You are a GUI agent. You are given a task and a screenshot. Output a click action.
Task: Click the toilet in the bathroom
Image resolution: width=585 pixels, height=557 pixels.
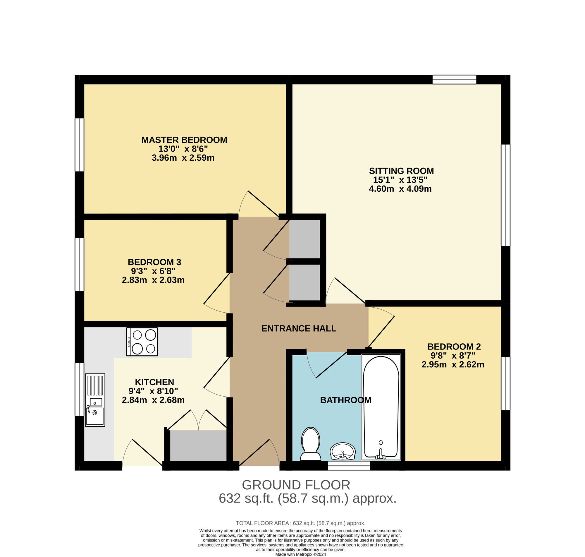point(311,444)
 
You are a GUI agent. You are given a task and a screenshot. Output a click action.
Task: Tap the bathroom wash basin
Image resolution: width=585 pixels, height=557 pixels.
point(343,451)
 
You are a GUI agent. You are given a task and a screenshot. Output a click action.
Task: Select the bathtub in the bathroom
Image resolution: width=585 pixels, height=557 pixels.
point(381,407)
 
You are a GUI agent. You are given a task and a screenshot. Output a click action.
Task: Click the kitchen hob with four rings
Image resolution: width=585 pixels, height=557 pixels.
point(142,342)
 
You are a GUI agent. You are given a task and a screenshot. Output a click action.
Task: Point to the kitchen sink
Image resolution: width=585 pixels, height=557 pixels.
point(95,400)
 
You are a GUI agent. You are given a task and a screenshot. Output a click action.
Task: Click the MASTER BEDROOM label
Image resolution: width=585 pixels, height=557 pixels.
point(184,140)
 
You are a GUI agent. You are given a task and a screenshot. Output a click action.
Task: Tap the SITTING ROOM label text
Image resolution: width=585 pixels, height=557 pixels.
point(401,171)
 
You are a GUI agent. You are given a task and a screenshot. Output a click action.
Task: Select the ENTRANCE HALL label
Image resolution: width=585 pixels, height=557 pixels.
point(299,328)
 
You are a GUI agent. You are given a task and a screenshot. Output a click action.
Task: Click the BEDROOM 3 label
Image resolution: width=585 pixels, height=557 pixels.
point(154,262)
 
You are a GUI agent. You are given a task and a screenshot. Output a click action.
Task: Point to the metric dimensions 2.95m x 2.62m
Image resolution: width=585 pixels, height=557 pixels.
point(453,364)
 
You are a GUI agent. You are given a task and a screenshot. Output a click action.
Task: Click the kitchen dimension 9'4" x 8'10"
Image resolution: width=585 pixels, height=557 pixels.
point(153,391)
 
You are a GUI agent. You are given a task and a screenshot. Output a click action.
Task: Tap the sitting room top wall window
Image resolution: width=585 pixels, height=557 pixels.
point(454,80)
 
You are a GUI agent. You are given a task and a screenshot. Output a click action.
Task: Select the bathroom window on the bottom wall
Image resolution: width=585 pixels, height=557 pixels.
point(349,466)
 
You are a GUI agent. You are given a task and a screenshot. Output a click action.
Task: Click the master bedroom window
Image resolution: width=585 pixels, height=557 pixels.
point(79,145)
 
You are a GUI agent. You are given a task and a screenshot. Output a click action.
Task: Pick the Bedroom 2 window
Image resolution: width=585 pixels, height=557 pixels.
point(506,384)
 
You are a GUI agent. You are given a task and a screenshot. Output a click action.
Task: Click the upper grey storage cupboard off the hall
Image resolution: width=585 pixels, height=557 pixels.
point(305,239)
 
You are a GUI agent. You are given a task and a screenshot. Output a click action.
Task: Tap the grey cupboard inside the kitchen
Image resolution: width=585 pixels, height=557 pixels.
point(198,446)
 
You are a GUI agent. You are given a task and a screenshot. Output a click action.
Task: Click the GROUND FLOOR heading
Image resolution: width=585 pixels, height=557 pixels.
point(296,485)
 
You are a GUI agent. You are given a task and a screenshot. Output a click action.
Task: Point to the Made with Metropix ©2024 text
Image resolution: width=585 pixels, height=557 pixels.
point(301,554)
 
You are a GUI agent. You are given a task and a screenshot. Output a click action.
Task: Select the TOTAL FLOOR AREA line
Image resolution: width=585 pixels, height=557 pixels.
point(300,523)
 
